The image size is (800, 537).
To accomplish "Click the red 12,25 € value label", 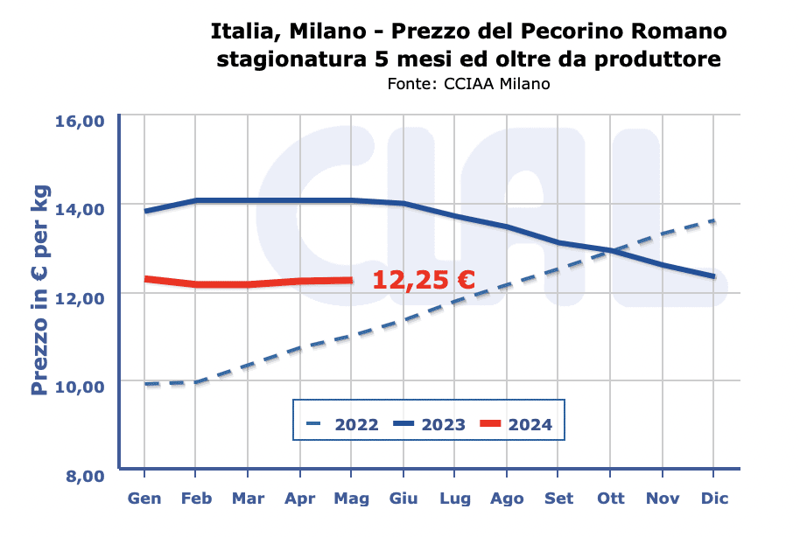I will point(424,280).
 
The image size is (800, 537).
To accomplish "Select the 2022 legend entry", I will point(342,425).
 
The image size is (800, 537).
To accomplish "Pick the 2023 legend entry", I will point(429,425).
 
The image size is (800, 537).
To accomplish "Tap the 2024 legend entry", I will point(516,425).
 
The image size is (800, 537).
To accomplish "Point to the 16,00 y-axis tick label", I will point(80,121).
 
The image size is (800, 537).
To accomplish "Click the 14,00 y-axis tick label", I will point(80,209).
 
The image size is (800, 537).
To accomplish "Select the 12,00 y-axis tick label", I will point(80,297).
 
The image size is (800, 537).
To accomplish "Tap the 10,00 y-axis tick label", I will point(80,386).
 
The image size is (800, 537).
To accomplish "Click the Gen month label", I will point(144,499).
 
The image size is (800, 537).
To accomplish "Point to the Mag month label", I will point(352,499).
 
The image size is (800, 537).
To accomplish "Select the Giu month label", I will point(404,499).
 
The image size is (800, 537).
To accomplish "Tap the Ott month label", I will point(611,499).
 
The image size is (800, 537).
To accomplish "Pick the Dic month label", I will point(714,499).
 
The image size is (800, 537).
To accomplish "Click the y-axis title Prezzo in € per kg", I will point(40,290).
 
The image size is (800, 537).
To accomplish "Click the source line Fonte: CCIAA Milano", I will point(468,84).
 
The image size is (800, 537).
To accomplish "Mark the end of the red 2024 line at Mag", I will point(352,280).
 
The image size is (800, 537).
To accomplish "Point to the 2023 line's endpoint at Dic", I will point(714,276).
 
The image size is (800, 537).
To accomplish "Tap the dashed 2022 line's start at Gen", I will point(145,384).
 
